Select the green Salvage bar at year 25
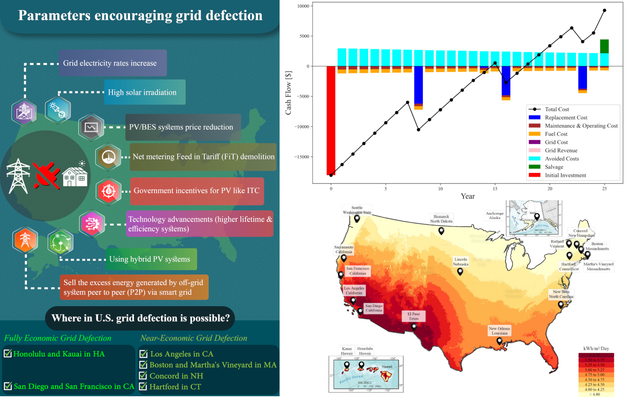click(604, 46)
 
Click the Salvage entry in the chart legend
click(554, 167)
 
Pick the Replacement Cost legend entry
click(566, 117)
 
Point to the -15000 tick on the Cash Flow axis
click(301, 157)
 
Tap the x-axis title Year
click(468, 196)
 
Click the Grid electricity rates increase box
click(113, 63)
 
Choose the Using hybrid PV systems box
click(151, 259)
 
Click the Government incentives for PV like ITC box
click(197, 191)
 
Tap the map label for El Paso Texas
click(414, 316)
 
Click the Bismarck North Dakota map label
click(441, 219)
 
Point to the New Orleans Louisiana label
click(499, 331)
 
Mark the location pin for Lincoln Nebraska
click(460, 272)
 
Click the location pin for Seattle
click(357, 219)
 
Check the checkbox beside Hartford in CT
click(143, 386)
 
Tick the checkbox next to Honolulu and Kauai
click(8, 353)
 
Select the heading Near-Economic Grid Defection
click(194, 338)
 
